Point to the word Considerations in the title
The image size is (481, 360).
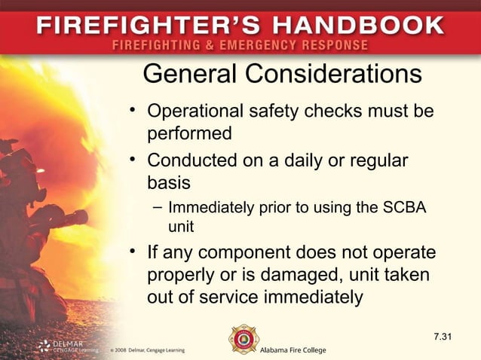coord(335,75)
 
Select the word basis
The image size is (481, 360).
coord(169,183)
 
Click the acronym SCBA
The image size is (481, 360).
coord(406,206)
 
